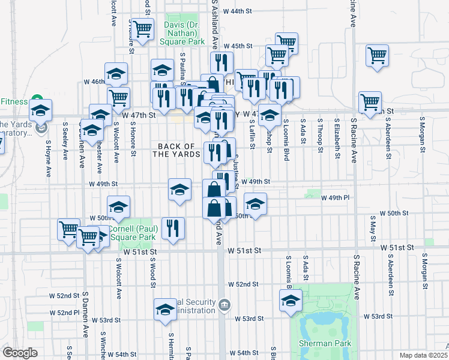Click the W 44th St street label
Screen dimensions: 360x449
235,11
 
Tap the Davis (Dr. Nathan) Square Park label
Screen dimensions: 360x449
181,32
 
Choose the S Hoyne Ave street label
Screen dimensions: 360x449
48,159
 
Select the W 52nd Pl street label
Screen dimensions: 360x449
64,313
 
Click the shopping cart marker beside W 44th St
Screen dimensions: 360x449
143,29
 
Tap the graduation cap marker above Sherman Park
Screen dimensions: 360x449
291,300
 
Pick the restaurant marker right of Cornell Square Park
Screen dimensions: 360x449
173,228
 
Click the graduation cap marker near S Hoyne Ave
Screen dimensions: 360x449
41,110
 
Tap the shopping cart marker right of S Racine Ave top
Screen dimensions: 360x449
377,55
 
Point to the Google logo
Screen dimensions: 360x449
20,353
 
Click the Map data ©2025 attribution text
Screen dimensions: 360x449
423,355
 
